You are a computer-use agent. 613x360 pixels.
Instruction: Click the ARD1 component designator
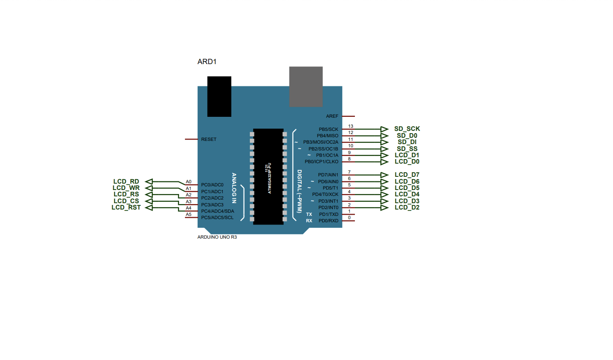pos(207,61)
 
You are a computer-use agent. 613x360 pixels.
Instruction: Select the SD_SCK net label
pos(407,129)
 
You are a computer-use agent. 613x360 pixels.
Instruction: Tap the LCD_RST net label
pos(126,208)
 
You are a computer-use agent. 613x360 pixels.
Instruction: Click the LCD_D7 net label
pos(407,175)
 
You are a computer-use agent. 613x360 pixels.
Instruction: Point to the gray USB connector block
pos(306,86)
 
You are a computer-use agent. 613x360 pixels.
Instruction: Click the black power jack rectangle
pos(219,96)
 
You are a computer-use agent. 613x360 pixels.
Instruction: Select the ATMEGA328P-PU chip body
pos(268,176)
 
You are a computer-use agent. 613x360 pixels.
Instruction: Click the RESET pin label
pos(209,140)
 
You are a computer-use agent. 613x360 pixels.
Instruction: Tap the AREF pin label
pos(332,116)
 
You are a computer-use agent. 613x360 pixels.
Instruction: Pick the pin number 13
pos(350,126)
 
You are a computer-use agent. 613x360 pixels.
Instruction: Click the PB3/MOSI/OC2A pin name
pos(321,142)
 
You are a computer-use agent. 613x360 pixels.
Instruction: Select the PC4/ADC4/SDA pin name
pos(218,211)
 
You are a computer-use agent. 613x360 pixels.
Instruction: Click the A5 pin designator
pos(189,215)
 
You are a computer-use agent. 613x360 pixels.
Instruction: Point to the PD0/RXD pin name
pos(329,221)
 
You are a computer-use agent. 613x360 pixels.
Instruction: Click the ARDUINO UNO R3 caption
pos(217,237)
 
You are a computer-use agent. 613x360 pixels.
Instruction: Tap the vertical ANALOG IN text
pos(234,188)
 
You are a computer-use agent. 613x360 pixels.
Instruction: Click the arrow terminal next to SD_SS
pos(384,149)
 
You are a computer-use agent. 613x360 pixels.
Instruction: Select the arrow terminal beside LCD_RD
pos(148,182)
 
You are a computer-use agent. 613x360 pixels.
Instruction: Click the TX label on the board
pos(309,214)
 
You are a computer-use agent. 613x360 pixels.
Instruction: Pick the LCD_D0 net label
pos(407,162)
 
